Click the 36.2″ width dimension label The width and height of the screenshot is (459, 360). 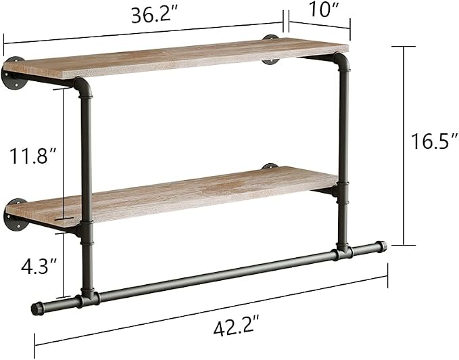tap(155, 16)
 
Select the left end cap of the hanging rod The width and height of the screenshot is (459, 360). tap(38, 308)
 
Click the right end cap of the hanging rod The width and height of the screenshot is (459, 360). tap(381, 246)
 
